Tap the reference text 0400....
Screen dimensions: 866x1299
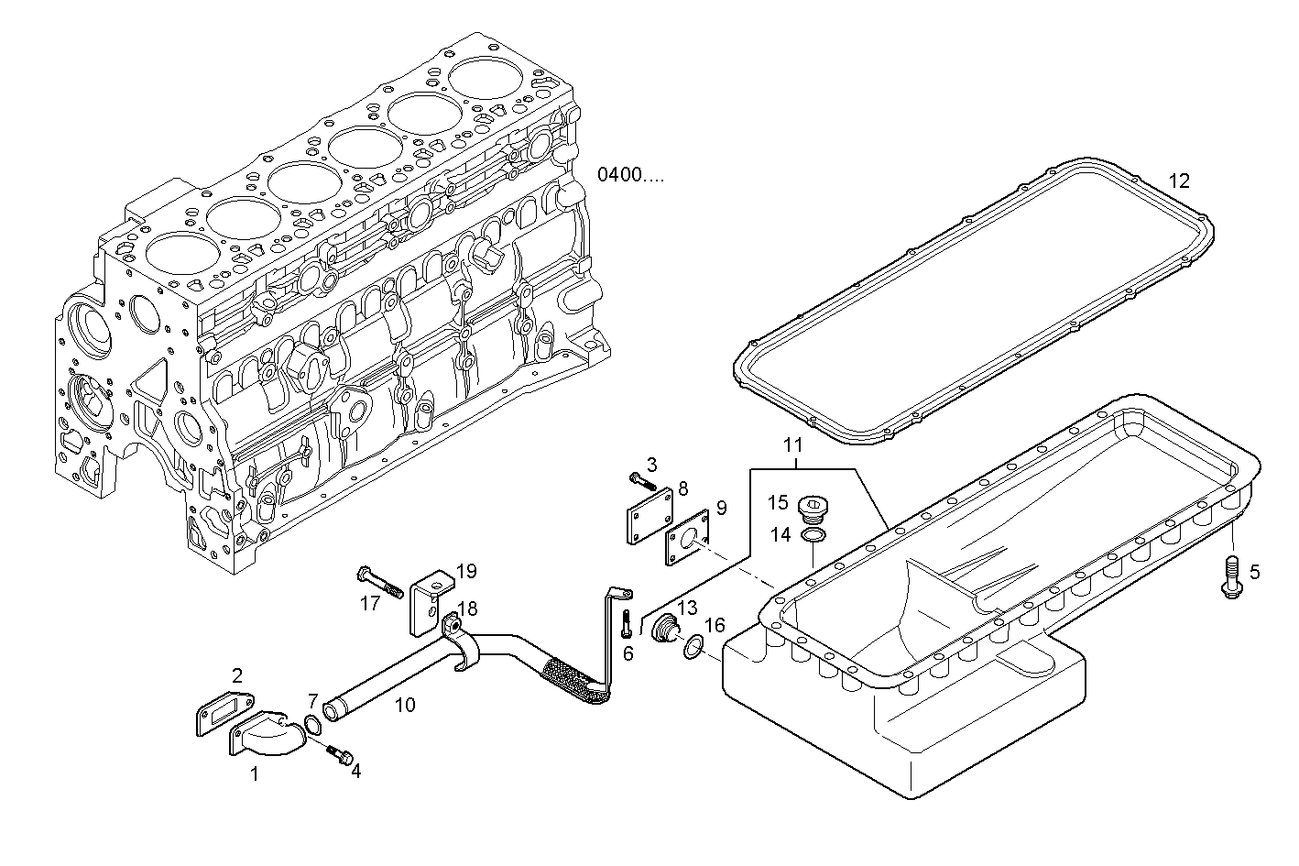pyautogui.click(x=630, y=174)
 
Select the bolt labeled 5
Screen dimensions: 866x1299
pyautogui.click(x=1231, y=577)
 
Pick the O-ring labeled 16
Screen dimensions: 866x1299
pyautogui.click(x=694, y=648)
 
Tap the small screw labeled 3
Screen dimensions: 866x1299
pyautogui.click(x=642, y=478)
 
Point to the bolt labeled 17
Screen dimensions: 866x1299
pyautogui.click(x=380, y=582)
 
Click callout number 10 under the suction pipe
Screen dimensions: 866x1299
pyautogui.click(x=405, y=705)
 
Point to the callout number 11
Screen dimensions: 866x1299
pyautogui.click(x=792, y=446)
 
